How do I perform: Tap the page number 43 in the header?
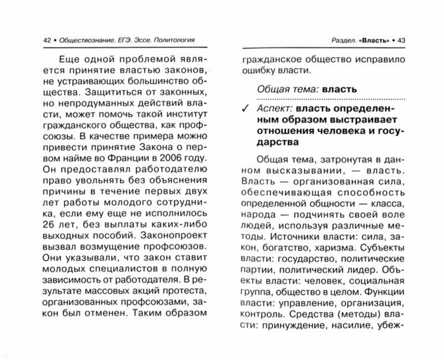(401, 40)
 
